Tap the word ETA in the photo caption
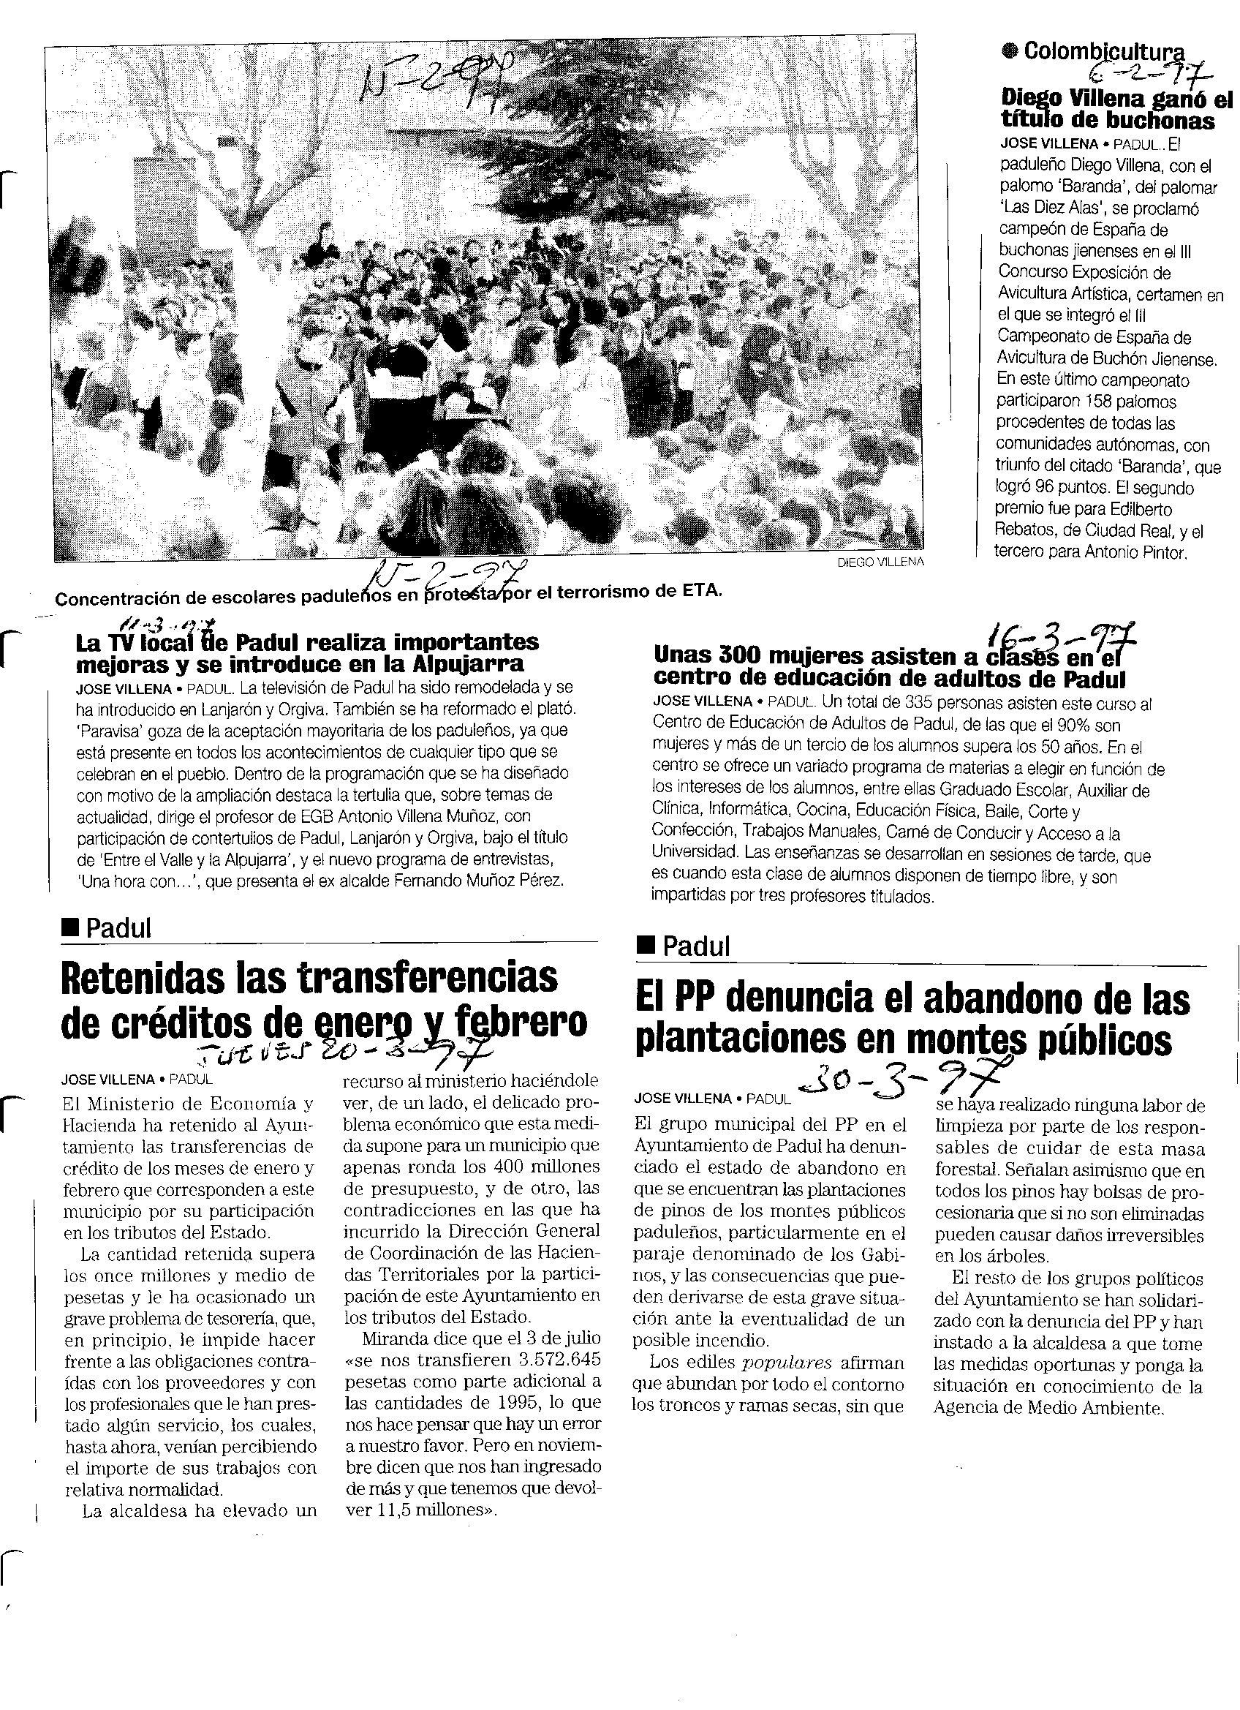[x=707, y=591]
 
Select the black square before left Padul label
[x=70, y=927]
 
